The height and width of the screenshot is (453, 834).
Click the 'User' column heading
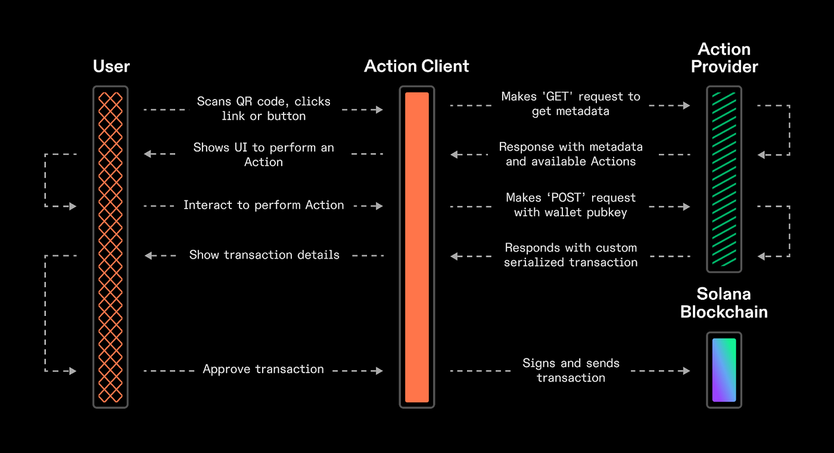[x=111, y=67]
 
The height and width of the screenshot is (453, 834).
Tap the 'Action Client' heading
[x=416, y=66]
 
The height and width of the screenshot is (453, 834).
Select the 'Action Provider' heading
[x=724, y=58]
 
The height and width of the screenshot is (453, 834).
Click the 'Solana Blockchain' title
[x=724, y=303]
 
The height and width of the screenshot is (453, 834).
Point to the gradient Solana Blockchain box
[x=724, y=370]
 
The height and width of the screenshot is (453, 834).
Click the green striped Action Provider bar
[x=724, y=179]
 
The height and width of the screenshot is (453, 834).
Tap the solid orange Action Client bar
[x=416, y=247]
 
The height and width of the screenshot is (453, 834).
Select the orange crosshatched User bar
[x=110, y=247]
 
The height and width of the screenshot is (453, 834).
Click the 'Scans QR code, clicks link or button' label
[x=263, y=108]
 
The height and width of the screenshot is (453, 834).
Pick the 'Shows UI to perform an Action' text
[x=263, y=154]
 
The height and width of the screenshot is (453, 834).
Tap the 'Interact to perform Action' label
[x=263, y=205]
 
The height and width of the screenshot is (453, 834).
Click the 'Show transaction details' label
[x=264, y=255]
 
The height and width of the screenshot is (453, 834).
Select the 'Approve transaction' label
[x=263, y=370]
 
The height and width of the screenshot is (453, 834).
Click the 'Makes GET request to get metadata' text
[x=570, y=104]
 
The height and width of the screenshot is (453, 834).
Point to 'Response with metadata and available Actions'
[x=570, y=154]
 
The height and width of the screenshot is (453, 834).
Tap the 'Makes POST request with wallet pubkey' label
[x=570, y=204]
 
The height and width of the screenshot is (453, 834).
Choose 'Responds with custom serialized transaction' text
[x=570, y=255]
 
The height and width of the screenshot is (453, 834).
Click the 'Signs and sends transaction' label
[x=570, y=370]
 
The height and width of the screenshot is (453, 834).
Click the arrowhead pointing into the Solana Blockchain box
[x=686, y=371]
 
